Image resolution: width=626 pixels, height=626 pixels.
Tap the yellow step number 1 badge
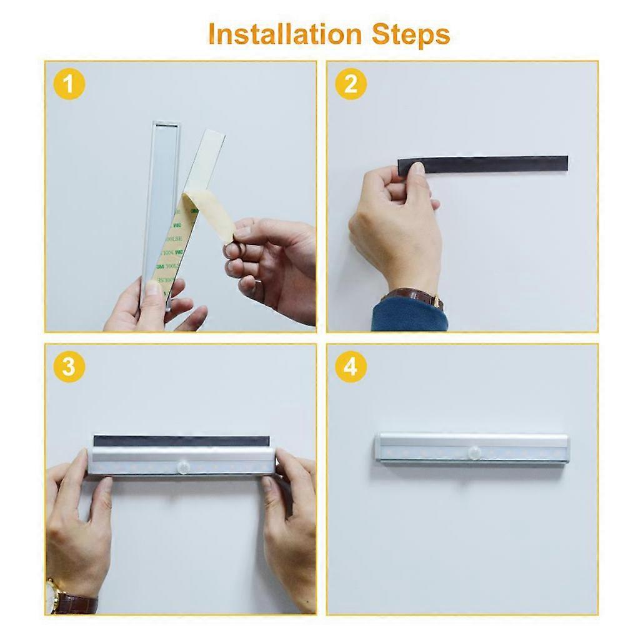pos(69,85)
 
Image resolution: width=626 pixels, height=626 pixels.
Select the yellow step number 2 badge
pos(351,85)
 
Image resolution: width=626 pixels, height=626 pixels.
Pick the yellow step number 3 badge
pos(69,367)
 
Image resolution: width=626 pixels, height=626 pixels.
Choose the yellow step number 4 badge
pos(351,367)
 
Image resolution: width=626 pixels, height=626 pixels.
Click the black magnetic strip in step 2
pos(494,164)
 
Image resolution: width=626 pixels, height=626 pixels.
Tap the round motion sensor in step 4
pos(475,452)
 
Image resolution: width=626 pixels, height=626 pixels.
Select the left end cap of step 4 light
pos(379,448)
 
